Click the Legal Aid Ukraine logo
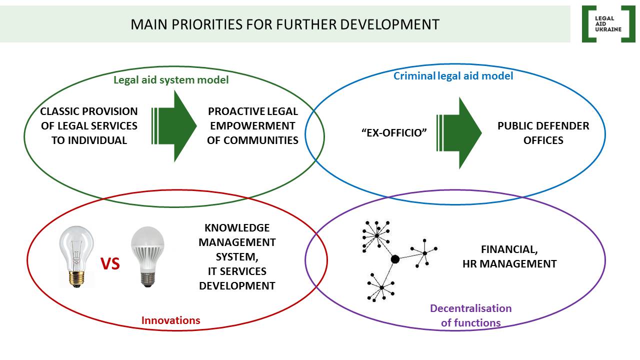tap(608, 24)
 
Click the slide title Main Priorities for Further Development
tap(285, 24)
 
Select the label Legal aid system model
tap(171, 80)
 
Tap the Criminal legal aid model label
tap(453, 76)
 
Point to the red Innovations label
tap(171, 320)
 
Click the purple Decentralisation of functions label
tap(471, 315)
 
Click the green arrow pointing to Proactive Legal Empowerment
tap(174, 126)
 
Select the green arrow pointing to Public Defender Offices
tap(459, 133)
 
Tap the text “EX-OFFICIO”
tap(394, 133)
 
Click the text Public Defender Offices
tap(543, 133)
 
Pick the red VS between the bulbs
tap(110, 263)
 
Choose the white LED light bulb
tap(147, 256)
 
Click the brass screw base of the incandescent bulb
tap(76, 279)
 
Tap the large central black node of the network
tap(395, 259)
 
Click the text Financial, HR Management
tap(509, 256)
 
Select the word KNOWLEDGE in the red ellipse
tap(237, 227)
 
